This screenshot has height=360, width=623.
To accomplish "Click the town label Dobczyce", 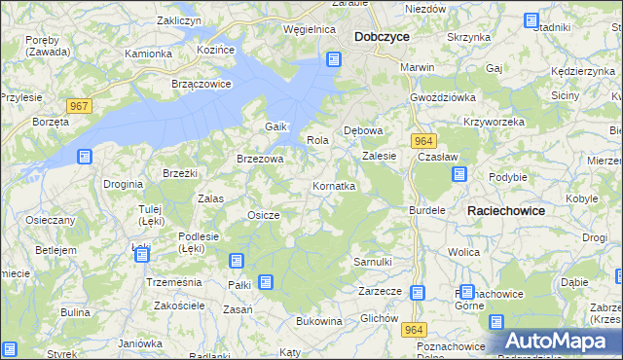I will click(382, 36).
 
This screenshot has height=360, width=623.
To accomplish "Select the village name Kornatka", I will click(333, 185).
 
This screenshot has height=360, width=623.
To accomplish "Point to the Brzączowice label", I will click(201, 84).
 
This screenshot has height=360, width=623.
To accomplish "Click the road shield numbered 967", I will click(80, 104).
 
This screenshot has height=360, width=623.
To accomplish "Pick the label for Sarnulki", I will click(372, 262).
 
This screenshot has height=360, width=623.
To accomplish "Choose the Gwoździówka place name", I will click(442, 97).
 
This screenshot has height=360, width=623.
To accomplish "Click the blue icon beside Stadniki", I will click(531, 19).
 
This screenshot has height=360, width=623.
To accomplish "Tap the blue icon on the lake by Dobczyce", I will click(334, 60).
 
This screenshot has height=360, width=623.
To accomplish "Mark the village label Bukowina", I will click(318, 320).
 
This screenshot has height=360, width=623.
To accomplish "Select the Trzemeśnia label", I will click(172, 280).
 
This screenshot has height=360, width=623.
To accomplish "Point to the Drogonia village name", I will click(124, 183).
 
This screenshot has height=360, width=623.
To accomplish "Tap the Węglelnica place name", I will click(309, 29).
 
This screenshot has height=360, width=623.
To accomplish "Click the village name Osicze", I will click(264, 215).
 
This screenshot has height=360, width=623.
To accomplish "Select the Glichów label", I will click(379, 318).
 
